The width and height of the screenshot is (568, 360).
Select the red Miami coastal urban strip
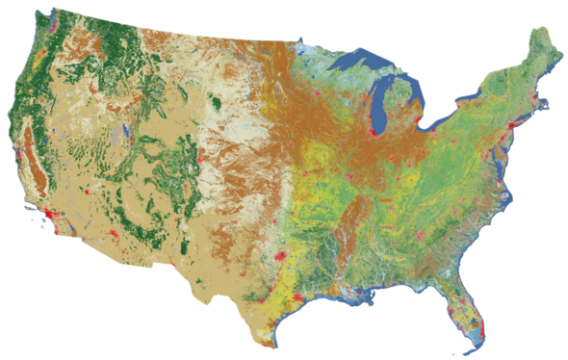(478, 322)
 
